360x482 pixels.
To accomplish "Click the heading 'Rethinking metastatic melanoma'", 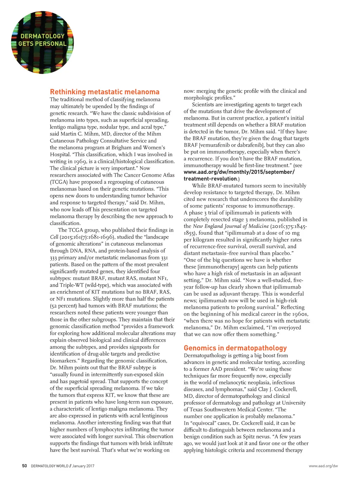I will pos(104,92).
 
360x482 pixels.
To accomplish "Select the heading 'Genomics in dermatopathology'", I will pos(235,348).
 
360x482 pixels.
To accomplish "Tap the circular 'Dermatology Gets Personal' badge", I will pos(42,42).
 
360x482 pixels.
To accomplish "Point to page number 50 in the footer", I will pos(24,466).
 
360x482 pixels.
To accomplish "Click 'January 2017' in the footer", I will pos(83,466).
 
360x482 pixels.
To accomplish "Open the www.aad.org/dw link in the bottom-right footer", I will pos(323,466).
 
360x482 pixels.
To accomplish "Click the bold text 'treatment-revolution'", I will pos(210,179).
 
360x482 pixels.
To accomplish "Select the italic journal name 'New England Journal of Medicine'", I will pos(231,226).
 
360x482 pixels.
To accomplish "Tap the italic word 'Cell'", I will pos(54,237).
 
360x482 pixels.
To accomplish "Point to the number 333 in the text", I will pos(54,258).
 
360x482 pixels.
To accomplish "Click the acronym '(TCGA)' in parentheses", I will pos(58,182).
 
